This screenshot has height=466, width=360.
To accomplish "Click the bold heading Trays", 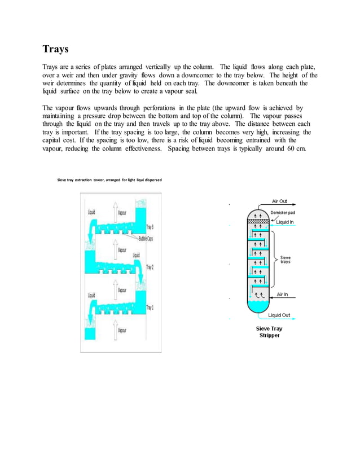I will point(56,49).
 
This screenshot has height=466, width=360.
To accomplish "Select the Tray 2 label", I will point(150,267).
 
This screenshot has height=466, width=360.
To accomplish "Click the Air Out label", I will point(279,201).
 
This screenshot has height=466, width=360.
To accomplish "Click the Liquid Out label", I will point(280,315).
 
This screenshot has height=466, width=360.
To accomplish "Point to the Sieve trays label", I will point(286,260).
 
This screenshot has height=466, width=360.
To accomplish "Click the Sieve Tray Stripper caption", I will point(268,332).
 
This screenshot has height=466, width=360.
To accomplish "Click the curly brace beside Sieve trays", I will point(275,260).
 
